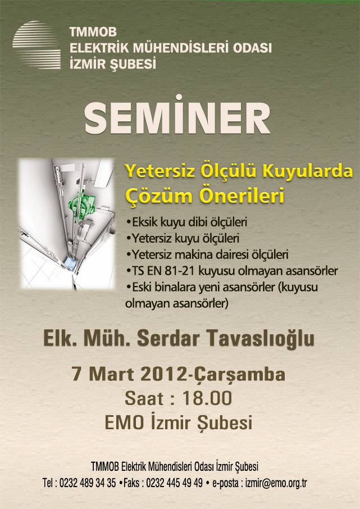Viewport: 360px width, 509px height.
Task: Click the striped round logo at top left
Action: point(37,45)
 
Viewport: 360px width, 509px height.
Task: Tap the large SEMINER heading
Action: point(177,115)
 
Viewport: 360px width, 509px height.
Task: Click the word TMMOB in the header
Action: point(93,32)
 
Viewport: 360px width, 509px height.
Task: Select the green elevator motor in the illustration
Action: point(81,203)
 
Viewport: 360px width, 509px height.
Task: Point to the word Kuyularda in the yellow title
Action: point(308,171)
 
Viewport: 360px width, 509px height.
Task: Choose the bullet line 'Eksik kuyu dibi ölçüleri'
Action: point(186,222)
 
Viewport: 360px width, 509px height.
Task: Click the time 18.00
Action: point(207,398)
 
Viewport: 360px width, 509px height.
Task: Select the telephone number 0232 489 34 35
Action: point(87,483)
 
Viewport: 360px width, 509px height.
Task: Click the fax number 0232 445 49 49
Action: point(174,483)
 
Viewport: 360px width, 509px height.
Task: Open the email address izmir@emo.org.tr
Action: point(276,483)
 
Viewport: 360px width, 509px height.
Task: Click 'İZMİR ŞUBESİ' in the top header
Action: point(113,63)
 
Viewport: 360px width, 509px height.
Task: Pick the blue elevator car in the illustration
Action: point(70,262)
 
